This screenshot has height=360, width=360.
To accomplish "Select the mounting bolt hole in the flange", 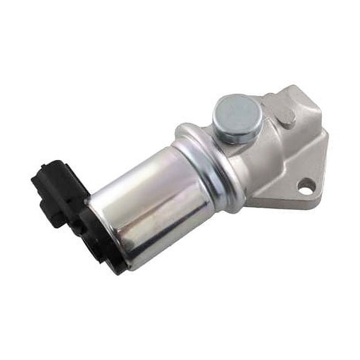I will (306, 185).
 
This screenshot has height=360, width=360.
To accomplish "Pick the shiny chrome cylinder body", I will (156, 200).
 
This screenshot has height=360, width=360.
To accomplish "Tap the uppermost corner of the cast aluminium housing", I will (275, 95).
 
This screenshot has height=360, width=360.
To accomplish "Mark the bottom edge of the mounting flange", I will (281, 205).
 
